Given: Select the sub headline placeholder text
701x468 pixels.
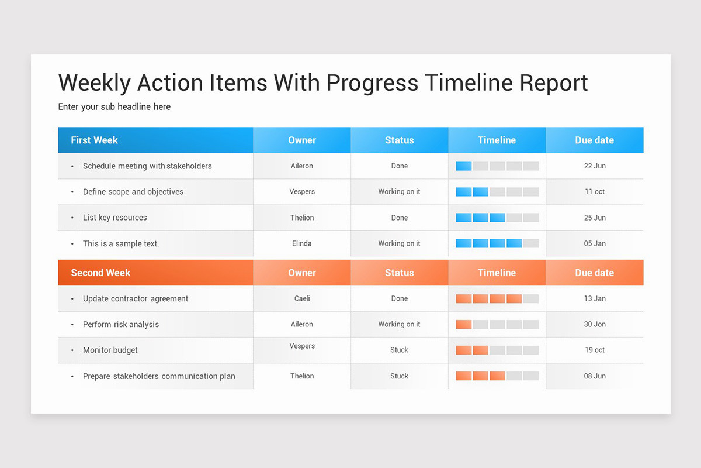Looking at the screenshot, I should pyautogui.click(x=114, y=106).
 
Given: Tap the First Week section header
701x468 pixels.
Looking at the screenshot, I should pyautogui.click(x=95, y=140).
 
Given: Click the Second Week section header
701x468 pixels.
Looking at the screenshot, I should pyautogui.click(x=100, y=273).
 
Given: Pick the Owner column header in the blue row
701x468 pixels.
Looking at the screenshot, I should pyautogui.click(x=302, y=140).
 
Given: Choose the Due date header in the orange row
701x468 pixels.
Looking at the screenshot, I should pyautogui.click(x=594, y=273).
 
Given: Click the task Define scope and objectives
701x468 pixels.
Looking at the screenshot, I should pyautogui.click(x=133, y=192).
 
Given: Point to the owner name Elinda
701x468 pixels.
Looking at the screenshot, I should pyautogui.click(x=302, y=243).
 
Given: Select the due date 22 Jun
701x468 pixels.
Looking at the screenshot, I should pyautogui.click(x=595, y=166).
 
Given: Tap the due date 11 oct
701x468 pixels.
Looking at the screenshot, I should pyautogui.click(x=595, y=192).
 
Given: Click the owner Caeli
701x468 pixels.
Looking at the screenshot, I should pyautogui.click(x=302, y=298).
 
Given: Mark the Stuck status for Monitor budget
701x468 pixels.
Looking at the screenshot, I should pyautogui.click(x=400, y=350).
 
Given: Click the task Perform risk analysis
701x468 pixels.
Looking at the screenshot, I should pyautogui.click(x=121, y=324).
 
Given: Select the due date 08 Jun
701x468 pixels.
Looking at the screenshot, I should pyautogui.click(x=595, y=376).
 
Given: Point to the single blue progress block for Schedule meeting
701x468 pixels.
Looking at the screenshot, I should pyautogui.click(x=464, y=166).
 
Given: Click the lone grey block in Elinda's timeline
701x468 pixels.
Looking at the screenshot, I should pyautogui.click(x=531, y=243).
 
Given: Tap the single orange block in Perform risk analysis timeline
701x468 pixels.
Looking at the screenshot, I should pyautogui.click(x=464, y=324).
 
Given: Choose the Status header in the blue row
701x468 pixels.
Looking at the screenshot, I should pyautogui.click(x=400, y=140).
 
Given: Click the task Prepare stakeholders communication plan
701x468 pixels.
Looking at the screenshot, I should pyautogui.click(x=159, y=376).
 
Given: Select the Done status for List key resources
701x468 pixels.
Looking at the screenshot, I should pyautogui.click(x=400, y=218).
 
